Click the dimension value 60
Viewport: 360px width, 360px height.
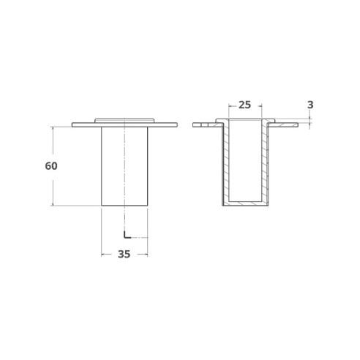pyautogui.click(x=50, y=166)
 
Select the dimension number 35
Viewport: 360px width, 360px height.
pyautogui.click(x=124, y=255)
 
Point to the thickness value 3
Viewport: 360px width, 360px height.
pyautogui.click(x=310, y=105)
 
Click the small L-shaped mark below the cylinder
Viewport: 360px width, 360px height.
pyautogui.click(x=126, y=235)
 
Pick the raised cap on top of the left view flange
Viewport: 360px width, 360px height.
pyautogui.click(x=124, y=119)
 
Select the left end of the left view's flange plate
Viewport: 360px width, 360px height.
pyautogui.click(x=75, y=125)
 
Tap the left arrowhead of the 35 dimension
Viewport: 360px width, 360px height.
pyautogui.click(x=102, y=255)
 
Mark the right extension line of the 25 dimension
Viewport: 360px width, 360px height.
pyautogui.click(x=261, y=110)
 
